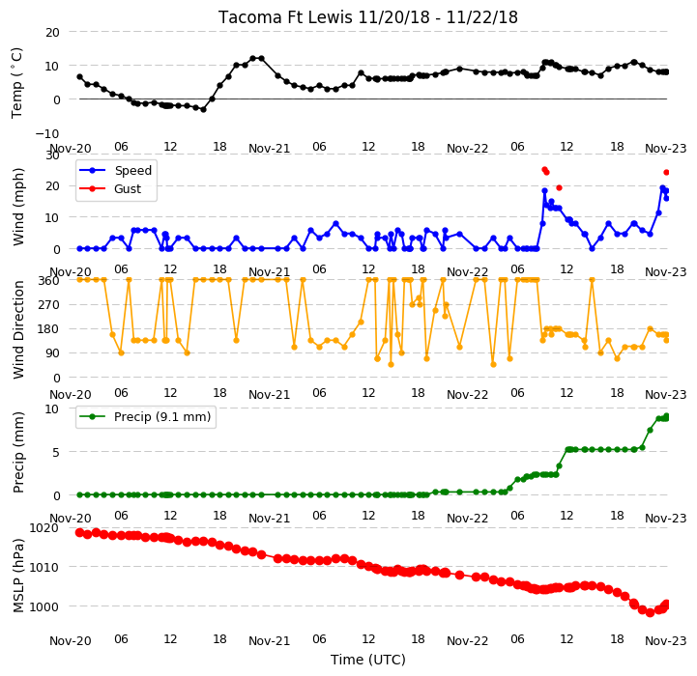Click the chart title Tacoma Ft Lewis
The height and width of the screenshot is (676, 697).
pyautogui.click(x=285, y=17)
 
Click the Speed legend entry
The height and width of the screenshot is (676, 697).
pyautogui.click(x=116, y=171)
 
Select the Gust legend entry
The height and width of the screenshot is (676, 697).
pyautogui.click(x=110, y=188)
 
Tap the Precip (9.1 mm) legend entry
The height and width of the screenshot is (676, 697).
pyautogui.click(x=144, y=416)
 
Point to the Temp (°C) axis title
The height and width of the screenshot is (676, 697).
pyautogui.click(x=16, y=83)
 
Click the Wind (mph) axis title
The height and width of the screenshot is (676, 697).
pyautogui.click(x=17, y=207)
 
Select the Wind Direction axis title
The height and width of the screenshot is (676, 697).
pyautogui.click(x=18, y=329)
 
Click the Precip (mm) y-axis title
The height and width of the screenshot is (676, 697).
pyautogui.click(x=18, y=452)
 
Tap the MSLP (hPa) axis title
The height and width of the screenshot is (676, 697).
pyautogui.click(x=18, y=576)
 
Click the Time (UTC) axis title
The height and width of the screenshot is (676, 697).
pyautogui.click(x=368, y=660)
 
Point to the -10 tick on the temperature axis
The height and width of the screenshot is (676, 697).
pyautogui.click(x=47, y=133)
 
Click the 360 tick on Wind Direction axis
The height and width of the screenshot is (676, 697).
pyautogui.click(x=49, y=281)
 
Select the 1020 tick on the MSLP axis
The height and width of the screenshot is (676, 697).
pyautogui.click(x=44, y=527)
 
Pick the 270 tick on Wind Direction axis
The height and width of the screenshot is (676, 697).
pyautogui.click(x=49, y=305)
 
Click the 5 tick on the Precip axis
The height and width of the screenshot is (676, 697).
pyautogui.click(x=56, y=453)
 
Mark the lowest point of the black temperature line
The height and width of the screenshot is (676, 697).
pyautogui.click(x=204, y=109)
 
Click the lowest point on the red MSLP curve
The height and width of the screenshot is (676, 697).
pyautogui.click(x=650, y=612)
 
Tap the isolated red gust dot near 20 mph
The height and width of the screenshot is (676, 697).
pyautogui.click(x=559, y=188)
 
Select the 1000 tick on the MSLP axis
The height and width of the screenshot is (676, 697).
pyautogui.click(x=44, y=606)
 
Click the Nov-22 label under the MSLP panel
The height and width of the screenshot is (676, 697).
pyautogui.click(x=467, y=641)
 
